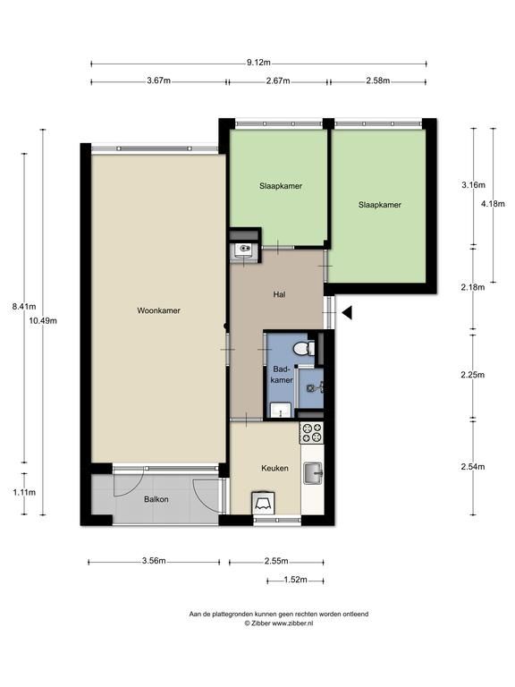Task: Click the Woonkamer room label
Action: tap(158, 310)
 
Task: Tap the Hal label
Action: tap(279, 294)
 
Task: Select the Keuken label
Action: tap(274, 469)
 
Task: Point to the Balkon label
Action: tap(156, 499)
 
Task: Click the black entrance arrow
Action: tap(347, 313)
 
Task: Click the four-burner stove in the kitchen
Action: tap(312, 433)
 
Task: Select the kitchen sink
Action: tap(313, 473)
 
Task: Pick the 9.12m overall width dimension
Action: tap(258, 63)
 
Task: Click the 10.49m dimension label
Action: tap(43, 321)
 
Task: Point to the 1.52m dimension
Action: tap(295, 580)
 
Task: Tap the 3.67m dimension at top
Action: tap(159, 81)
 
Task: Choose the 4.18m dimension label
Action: tap(493, 204)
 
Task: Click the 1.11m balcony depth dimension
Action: tap(24, 493)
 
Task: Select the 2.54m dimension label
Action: tap(472, 467)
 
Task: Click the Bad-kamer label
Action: tap(282, 375)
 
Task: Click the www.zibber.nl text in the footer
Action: tap(292, 623)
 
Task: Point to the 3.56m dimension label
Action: tap(154, 561)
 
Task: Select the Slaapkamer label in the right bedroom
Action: tap(380, 205)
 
